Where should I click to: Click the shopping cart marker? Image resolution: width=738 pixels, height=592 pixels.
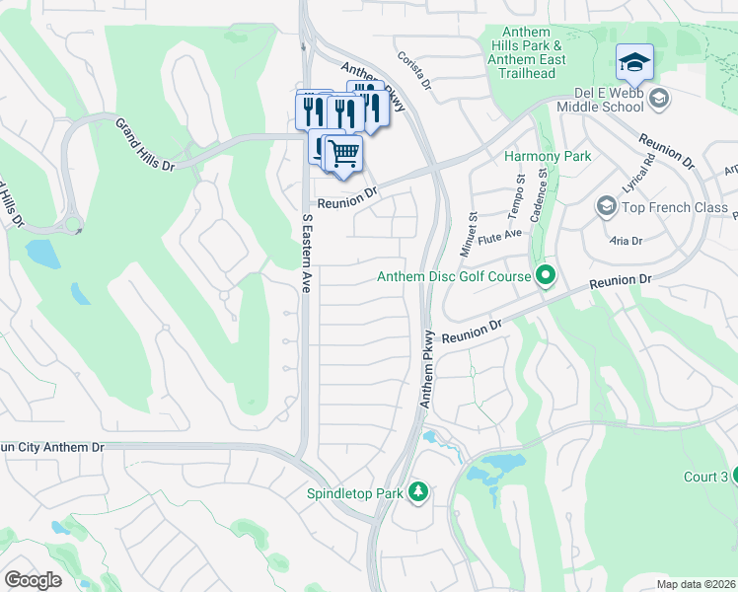342,154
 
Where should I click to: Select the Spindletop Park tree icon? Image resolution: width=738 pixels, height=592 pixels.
418,491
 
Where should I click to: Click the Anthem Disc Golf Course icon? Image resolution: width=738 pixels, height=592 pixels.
545,276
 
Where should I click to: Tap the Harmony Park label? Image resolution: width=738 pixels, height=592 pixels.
548,157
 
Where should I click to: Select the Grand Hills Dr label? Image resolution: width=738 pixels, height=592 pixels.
145,145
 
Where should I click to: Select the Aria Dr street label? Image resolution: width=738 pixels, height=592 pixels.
626,241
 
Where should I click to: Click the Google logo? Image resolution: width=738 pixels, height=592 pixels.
33,580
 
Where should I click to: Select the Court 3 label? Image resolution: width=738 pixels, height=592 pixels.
705,477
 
